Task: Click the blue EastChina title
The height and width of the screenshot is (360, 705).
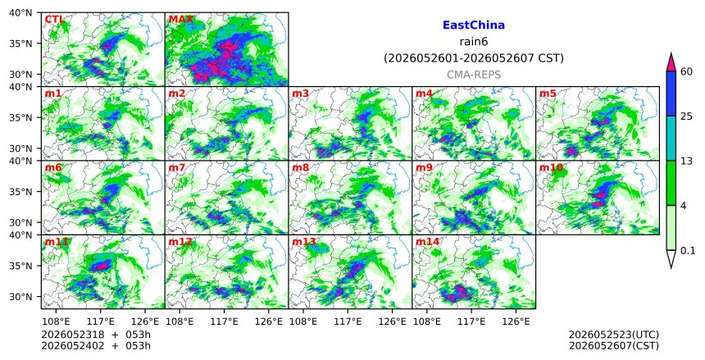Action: tap(474, 25)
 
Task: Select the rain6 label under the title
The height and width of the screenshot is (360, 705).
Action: tap(474, 42)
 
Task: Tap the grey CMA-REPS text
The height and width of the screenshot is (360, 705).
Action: tap(474, 75)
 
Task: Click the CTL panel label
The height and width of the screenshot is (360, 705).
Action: tap(54, 20)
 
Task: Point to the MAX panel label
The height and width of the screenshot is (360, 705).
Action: tap(180, 20)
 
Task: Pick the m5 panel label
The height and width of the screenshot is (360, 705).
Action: tap(548, 93)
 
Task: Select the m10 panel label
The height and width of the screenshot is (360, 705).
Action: tap(551, 168)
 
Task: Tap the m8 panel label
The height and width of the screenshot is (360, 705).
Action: tap(300, 168)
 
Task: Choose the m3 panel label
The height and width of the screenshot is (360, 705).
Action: tap(300, 93)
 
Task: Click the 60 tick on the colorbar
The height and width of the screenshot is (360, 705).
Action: tap(686, 71)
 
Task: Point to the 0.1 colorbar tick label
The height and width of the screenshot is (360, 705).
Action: tap(688, 251)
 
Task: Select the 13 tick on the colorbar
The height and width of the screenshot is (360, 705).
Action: tap(686, 161)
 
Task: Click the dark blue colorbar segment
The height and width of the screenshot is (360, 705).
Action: tap(671, 93)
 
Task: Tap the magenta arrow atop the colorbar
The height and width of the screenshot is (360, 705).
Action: tap(671, 63)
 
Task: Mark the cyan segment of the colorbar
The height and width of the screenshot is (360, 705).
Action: tap(671, 139)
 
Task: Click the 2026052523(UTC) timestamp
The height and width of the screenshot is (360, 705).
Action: tap(614, 335)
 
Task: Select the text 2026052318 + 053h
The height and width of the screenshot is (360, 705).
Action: tap(96, 335)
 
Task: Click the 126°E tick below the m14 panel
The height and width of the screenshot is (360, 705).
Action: tap(516, 321)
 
